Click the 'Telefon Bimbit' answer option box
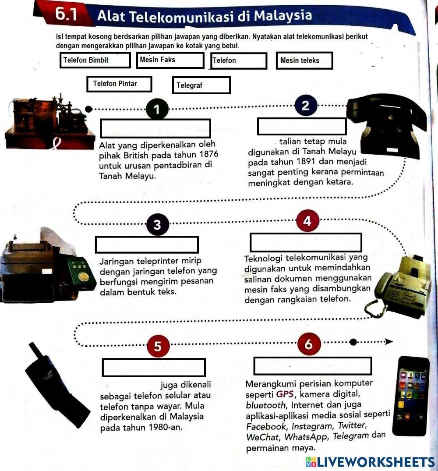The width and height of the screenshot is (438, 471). click(x=95, y=60)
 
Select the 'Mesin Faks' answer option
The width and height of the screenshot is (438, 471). click(x=170, y=60)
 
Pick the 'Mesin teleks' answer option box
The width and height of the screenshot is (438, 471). click(x=304, y=60)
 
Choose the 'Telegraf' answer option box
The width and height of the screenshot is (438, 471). click(x=201, y=85)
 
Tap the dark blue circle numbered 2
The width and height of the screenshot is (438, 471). click(x=305, y=106)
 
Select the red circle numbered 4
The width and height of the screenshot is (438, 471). click(x=307, y=221)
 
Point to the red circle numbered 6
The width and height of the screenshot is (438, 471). click(x=309, y=344)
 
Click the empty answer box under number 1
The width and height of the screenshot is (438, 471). click(x=155, y=128)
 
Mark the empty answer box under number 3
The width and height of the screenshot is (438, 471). click(x=147, y=244)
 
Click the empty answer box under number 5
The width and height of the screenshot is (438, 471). click(x=154, y=368)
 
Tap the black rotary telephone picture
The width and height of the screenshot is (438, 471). click(x=385, y=125)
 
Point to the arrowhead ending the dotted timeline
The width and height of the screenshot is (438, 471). click(x=389, y=342)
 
